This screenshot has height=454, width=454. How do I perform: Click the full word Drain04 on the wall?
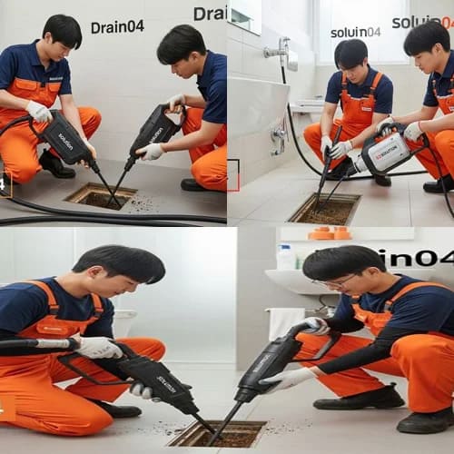coord(117,26)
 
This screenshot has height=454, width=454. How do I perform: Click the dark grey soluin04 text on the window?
coord(355,32)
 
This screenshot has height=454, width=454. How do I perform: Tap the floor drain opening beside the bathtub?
coord(325,209)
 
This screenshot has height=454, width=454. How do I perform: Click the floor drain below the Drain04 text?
coord(100,195)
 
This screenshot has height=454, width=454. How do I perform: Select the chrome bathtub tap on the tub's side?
coord(279,136)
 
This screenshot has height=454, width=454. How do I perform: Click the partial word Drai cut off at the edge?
coord(210,13)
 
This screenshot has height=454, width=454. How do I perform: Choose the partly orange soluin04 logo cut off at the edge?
coord(422,22)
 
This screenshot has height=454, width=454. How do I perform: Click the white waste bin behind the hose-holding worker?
coord(123,322)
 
